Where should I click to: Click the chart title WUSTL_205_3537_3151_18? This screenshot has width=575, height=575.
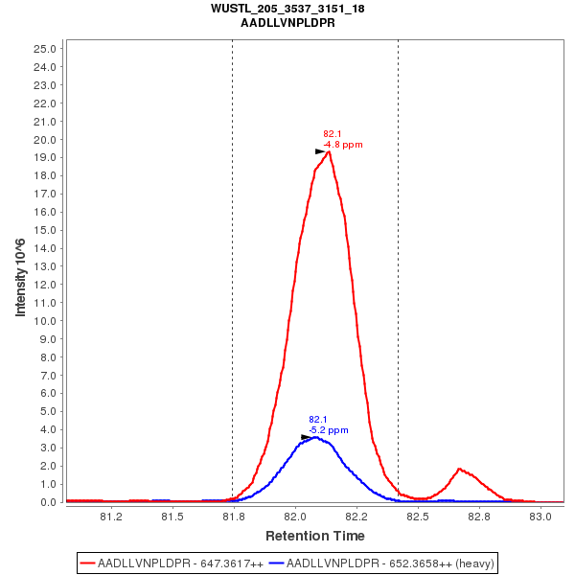pyautogui.click(x=287, y=8)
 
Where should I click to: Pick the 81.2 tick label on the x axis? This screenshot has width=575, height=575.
pyautogui.click(x=111, y=517)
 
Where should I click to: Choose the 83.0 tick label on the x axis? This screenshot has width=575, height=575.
pyautogui.click(x=541, y=517)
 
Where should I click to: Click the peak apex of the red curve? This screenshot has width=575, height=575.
pyautogui.click(x=329, y=151)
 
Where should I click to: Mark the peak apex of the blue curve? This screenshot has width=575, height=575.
pyautogui.click(x=314, y=437)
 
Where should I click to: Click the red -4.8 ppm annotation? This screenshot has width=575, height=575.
pyautogui.click(x=343, y=145)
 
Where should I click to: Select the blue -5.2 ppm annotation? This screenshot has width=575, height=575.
pyautogui.click(x=329, y=430)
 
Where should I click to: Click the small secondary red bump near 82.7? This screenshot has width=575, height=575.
pyautogui.click(x=460, y=469)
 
